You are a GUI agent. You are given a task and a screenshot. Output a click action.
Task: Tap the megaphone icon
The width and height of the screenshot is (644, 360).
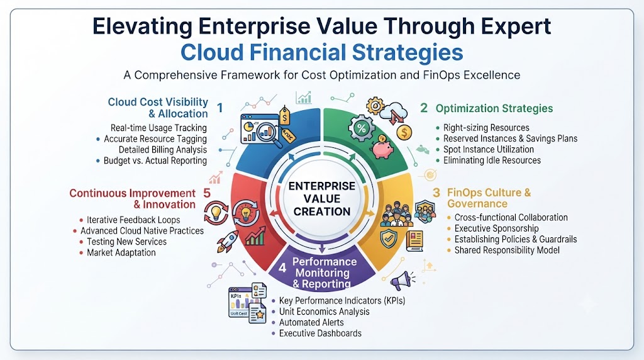click(x=401, y=281)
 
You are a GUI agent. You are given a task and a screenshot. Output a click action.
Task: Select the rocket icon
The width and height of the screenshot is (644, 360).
click(x=228, y=241)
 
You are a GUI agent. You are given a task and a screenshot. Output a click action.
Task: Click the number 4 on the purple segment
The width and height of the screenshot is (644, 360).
click(x=282, y=268)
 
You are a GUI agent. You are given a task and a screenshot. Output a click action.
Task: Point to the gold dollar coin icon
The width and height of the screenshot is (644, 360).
click(x=404, y=132)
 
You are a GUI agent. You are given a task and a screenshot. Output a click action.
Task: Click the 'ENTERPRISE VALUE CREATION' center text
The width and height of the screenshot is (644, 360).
click(x=322, y=199)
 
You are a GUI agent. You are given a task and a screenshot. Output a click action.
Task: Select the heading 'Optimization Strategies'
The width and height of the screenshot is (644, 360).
click(x=494, y=108)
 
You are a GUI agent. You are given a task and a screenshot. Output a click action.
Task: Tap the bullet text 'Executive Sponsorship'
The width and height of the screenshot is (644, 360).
click(x=496, y=228)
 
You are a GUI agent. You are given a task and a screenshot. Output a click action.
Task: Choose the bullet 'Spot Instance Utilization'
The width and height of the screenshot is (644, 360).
click(x=488, y=150)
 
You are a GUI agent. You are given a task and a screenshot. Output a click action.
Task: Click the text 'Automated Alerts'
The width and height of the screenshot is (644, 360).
click(x=311, y=323)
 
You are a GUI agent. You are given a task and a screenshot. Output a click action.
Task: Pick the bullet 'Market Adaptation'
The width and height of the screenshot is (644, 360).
click(x=121, y=253)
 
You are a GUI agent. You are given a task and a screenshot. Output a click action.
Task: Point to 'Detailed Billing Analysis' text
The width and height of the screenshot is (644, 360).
click(x=163, y=150)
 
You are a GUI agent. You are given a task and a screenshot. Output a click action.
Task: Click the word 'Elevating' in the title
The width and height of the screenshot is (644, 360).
click(x=142, y=26)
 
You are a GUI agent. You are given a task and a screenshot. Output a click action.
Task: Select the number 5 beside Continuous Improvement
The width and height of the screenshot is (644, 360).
click(x=207, y=193)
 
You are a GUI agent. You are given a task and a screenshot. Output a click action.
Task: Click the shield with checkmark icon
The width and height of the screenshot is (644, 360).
click(x=388, y=239)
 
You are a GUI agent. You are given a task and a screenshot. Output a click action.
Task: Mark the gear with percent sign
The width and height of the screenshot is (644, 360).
click(x=362, y=128)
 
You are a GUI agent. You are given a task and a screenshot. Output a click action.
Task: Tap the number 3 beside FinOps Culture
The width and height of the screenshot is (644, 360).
click(x=436, y=193)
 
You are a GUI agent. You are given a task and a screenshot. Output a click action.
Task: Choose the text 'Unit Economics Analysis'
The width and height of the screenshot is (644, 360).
click(x=324, y=312)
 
